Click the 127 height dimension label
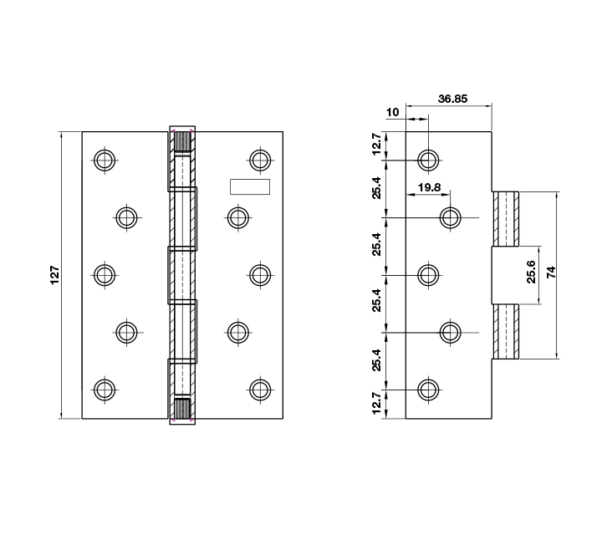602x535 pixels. (x=55, y=275)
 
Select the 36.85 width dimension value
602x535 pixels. (x=452, y=99)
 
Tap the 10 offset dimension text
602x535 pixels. (x=392, y=112)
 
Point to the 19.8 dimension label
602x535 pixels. (x=429, y=187)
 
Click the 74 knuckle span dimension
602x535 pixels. (x=551, y=273)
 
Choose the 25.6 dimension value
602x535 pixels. (x=531, y=272)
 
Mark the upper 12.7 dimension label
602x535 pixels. (x=376, y=144)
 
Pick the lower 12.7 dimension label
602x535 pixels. (x=376, y=403)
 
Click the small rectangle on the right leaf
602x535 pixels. (x=250, y=187)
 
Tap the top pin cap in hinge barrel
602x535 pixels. (x=182, y=140)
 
